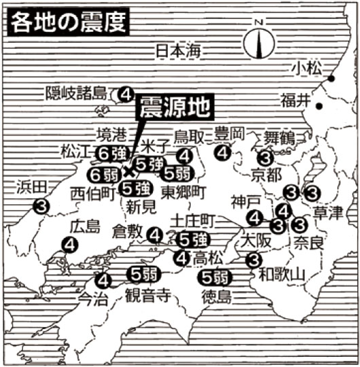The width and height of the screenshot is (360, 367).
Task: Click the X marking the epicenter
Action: click(128, 170)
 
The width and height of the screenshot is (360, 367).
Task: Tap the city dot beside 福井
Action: click(319, 102)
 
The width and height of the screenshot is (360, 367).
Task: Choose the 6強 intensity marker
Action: click(110, 153)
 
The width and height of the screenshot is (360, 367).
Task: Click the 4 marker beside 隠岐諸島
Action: click(125, 94)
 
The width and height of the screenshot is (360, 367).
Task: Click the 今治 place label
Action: click(93, 296)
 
